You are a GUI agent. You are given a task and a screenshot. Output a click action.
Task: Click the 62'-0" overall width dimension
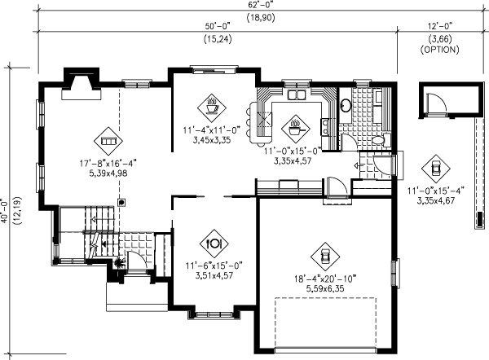(x=244, y=5)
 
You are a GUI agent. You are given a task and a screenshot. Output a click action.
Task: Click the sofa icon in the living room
(x=105, y=140)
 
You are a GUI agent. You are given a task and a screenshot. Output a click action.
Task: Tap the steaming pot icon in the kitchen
(x=294, y=126)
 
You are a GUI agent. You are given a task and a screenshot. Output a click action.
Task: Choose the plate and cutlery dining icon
(x=214, y=242)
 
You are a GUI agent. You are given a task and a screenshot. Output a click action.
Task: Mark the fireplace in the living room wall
(x=81, y=81)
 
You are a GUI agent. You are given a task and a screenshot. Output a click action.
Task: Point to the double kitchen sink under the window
(x=294, y=95)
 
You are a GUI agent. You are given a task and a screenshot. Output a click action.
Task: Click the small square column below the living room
(x=121, y=201)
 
